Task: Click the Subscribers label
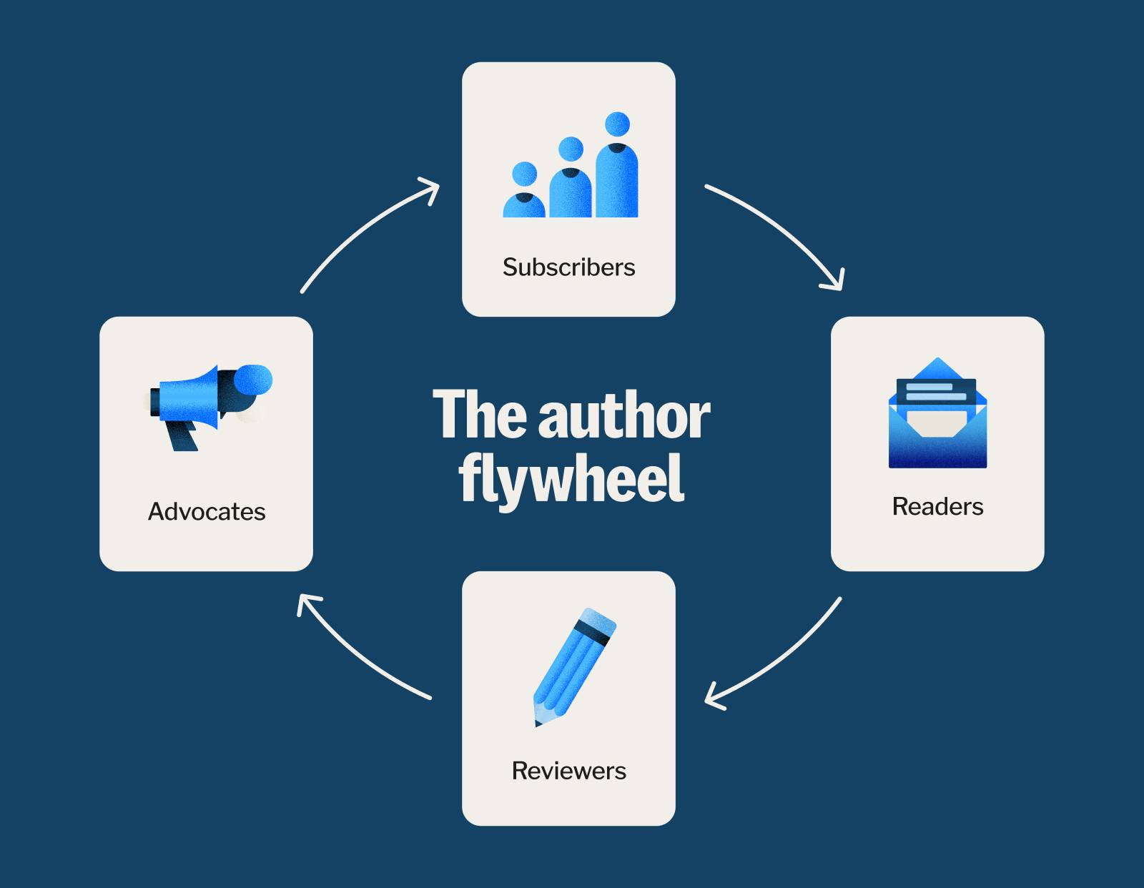568,267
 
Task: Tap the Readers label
937,507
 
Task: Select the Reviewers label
568,771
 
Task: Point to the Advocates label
207,512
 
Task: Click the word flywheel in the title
571,478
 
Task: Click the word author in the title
623,416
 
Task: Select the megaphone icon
207,403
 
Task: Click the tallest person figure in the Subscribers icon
617,168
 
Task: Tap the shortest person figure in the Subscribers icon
524,192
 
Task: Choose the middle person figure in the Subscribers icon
571,179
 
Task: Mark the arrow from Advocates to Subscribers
361,229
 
